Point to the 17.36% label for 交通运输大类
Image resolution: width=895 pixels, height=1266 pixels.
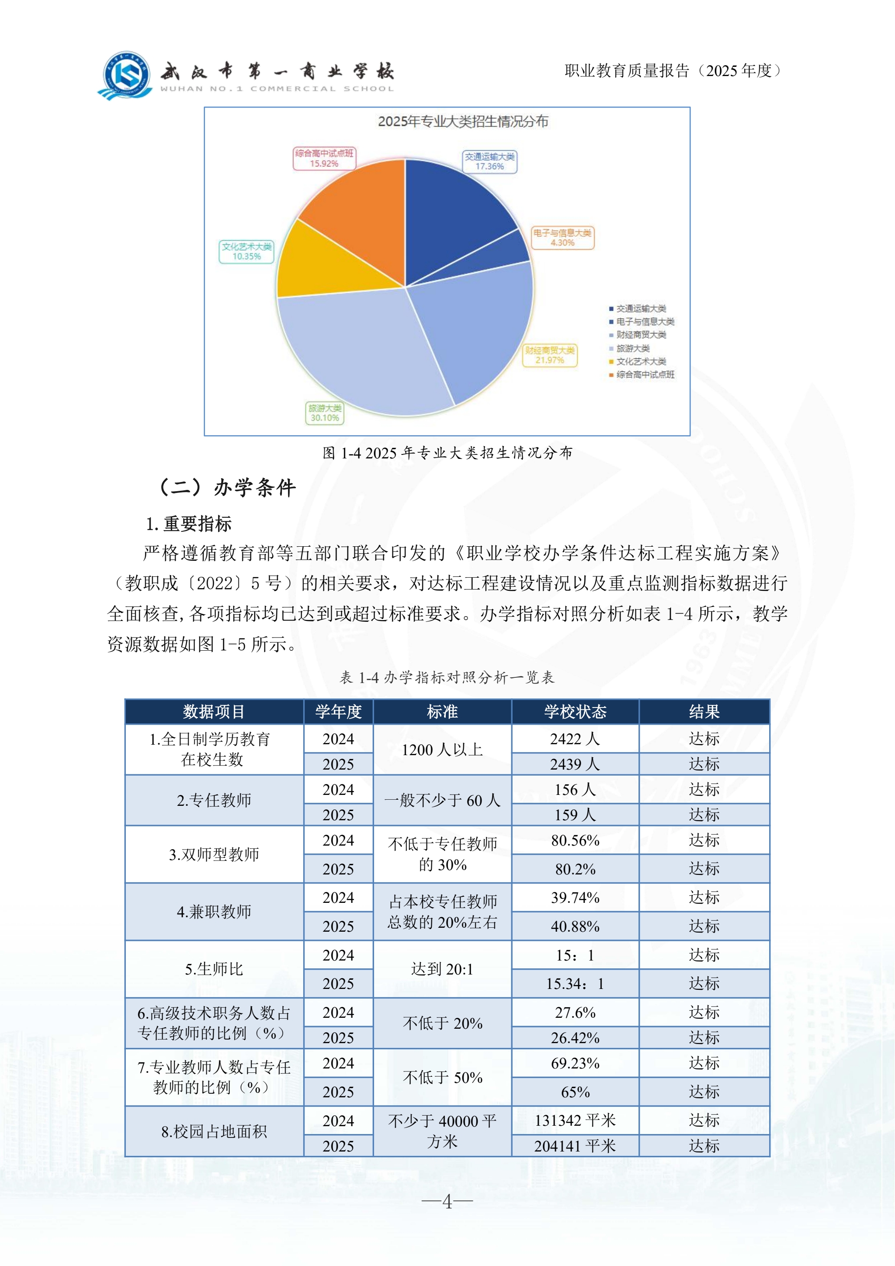coord(489,162)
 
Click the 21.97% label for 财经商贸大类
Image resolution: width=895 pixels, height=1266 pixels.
coord(550,356)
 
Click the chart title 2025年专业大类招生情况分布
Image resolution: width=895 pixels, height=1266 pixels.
coord(463,122)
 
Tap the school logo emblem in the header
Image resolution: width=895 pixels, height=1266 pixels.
coord(126,75)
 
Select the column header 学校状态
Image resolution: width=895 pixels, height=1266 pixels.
coord(575,712)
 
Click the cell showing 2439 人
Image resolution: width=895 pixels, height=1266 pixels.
coord(575,764)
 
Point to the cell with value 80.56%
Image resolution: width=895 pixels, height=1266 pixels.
coord(575,840)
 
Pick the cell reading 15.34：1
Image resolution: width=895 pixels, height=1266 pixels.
coord(575,984)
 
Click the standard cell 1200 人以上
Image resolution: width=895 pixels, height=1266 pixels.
coord(442,750)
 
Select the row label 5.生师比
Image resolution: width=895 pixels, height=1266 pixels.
coord(214,969)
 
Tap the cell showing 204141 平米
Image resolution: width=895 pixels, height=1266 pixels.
coord(575,1146)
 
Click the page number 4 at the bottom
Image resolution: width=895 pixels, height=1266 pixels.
coord(447,1201)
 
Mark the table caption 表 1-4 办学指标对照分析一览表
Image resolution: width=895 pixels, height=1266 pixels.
coord(447,678)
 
